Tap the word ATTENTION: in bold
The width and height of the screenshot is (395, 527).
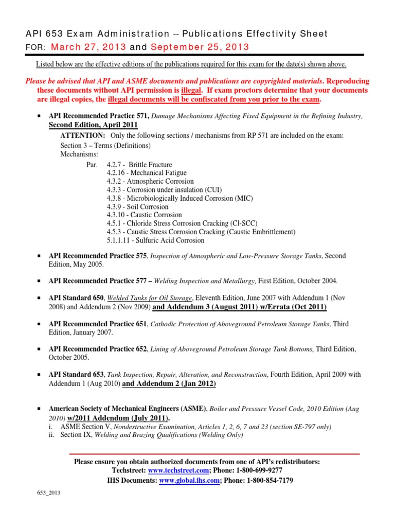coord(83,135)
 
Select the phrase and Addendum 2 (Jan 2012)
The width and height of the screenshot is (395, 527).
coord(169,384)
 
